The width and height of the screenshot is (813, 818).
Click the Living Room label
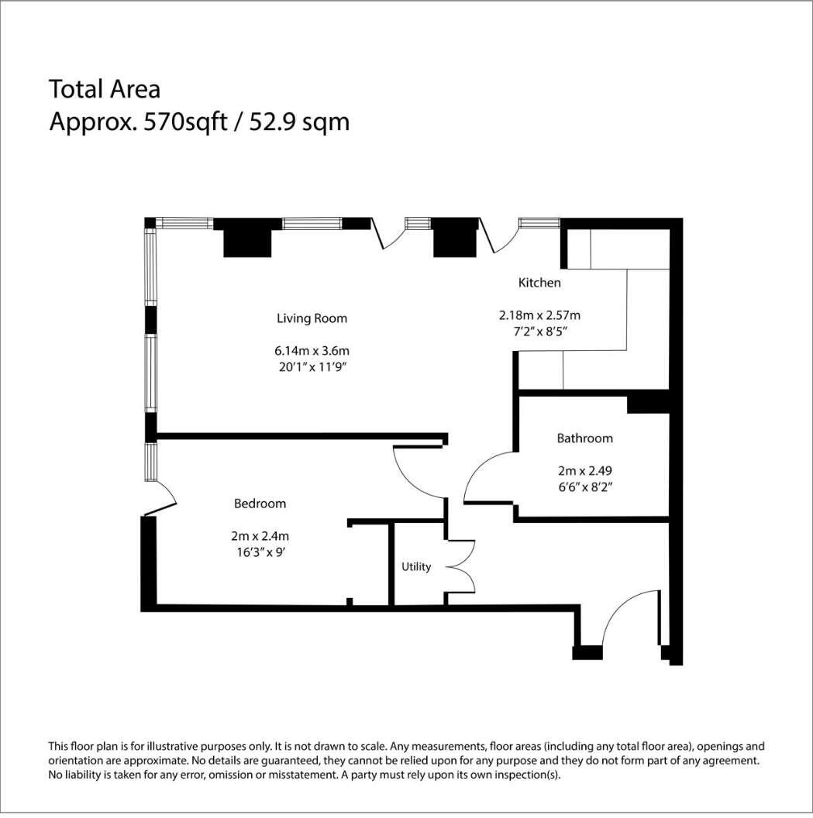[x=312, y=318]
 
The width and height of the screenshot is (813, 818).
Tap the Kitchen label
[x=539, y=283]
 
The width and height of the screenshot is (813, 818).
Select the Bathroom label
[x=584, y=438]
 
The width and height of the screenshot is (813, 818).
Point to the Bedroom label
[x=260, y=504]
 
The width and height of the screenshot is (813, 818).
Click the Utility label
[x=416, y=566]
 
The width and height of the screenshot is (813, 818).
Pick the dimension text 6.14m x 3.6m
[x=312, y=351]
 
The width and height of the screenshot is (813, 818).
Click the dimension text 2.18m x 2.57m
[x=539, y=315]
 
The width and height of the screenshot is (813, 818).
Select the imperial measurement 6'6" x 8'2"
[x=584, y=487]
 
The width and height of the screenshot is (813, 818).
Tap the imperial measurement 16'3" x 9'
[x=260, y=552]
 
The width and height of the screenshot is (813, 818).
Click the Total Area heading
[x=105, y=89]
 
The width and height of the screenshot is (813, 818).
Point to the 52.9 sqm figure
[x=299, y=122]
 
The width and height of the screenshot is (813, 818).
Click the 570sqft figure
[x=186, y=122]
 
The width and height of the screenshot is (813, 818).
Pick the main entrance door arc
[x=621, y=608]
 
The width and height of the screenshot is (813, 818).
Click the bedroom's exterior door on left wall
[x=164, y=498]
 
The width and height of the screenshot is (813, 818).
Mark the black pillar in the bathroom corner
[x=648, y=405]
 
